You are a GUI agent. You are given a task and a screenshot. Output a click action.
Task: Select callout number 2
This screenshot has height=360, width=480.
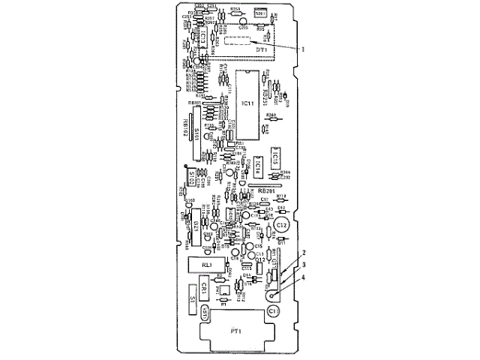[x=304, y=253]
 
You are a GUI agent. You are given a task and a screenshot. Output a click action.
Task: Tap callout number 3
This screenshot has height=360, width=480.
[x=304, y=265]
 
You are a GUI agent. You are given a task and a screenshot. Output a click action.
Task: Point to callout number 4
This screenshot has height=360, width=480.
[x=304, y=277]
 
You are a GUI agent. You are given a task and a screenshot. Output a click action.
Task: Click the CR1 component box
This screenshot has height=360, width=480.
[x=204, y=288]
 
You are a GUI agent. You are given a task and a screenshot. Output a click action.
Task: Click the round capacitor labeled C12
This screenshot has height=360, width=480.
[x=281, y=224]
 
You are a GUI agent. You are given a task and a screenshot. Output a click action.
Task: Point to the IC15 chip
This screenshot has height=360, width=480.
[x=276, y=157]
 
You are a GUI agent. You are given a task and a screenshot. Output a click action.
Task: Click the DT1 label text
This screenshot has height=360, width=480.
[x=261, y=50]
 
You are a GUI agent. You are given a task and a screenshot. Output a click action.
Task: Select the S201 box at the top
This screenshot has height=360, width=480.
[x=262, y=13]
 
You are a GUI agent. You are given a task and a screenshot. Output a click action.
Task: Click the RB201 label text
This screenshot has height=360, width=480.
[x=265, y=190]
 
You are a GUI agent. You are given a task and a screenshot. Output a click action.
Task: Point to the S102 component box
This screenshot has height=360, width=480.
[x=197, y=177]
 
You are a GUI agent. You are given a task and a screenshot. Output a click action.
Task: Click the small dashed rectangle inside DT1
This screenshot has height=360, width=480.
[x=238, y=42]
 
